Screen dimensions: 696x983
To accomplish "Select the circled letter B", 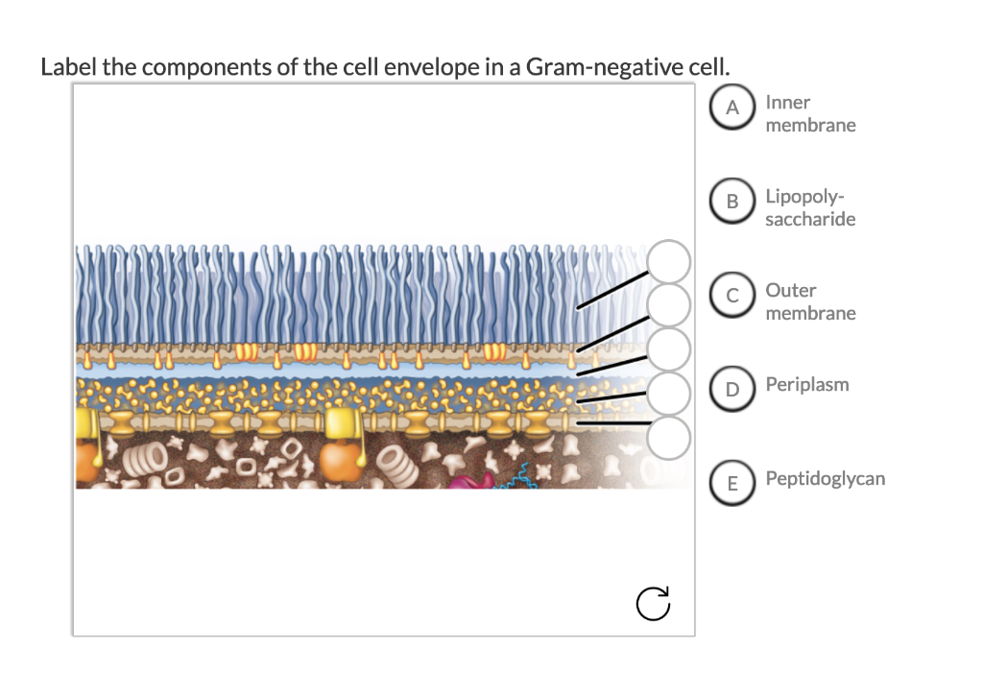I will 732,203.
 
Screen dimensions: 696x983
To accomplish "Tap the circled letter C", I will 732,297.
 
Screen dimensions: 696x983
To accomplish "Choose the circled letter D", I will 732,390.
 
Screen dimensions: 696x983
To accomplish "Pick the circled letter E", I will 732,483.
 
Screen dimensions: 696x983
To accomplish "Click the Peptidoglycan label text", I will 825,479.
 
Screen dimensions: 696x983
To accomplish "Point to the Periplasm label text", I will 806,385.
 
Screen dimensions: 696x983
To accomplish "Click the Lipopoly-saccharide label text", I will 810,207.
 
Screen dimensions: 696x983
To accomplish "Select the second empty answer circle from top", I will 669,304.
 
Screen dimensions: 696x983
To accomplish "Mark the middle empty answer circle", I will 669,348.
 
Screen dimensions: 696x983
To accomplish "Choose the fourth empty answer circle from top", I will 669,392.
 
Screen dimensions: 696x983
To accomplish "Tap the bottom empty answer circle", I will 669,437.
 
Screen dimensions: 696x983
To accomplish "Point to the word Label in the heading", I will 68,68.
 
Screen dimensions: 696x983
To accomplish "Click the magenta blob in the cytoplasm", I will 468,477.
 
